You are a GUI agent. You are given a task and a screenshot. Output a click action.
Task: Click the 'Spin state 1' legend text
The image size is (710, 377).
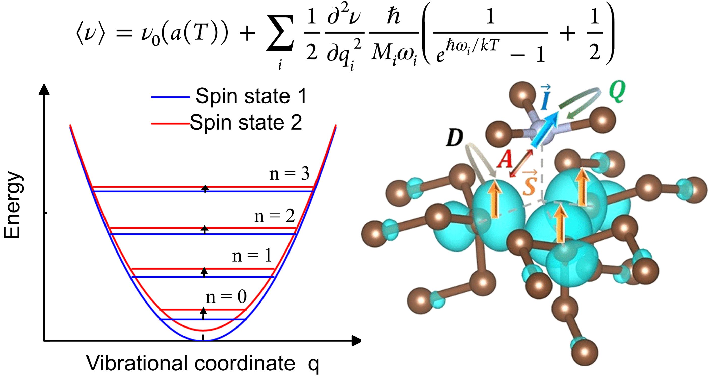pyautogui.click(x=251, y=97)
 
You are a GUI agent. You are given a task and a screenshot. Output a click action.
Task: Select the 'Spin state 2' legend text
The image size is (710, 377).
pyautogui.click(x=246, y=122)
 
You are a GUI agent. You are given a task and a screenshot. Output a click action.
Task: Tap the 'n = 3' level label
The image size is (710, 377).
pyautogui.click(x=289, y=174)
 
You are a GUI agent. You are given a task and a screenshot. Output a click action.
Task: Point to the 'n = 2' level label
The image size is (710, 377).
pyautogui.click(x=274, y=216)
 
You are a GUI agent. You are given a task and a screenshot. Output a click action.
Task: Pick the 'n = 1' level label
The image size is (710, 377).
pyautogui.click(x=252, y=256)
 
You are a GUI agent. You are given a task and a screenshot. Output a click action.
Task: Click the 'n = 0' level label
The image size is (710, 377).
pyautogui.click(x=226, y=297)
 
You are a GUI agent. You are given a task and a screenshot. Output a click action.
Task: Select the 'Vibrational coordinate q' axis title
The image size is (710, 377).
pyautogui.click(x=203, y=363)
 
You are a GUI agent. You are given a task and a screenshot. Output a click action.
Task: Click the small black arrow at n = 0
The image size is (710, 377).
pyautogui.click(x=203, y=313)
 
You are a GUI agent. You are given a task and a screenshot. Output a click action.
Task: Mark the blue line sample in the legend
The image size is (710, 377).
pyautogui.click(x=170, y=97)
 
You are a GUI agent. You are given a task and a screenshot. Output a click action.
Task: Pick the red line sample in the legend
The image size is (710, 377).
pyautogui.click(x=170, y=123)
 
